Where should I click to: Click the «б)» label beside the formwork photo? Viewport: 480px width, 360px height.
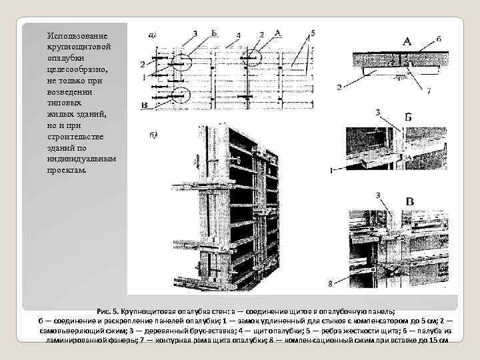click(152, 135)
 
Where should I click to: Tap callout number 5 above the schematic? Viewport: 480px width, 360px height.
click(313, 33)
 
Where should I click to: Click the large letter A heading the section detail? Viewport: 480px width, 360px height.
click(407, 41)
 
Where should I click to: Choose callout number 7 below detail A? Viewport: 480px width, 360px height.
click(429, 90)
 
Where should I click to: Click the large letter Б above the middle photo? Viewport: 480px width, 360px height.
click(408, 117)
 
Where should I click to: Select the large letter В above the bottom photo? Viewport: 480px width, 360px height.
click(409, 201)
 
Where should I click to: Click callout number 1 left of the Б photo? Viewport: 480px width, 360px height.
click(331, 171)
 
